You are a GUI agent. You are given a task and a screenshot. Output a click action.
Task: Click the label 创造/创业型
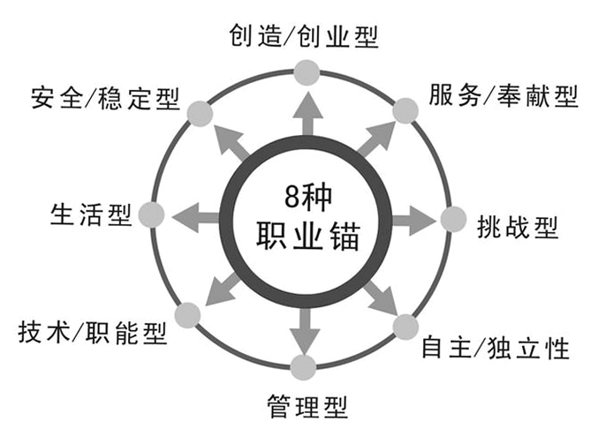[303, 36]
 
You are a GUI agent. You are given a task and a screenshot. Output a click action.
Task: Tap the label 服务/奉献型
[504, 95]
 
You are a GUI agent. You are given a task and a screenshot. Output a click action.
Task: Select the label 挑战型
[518, 227]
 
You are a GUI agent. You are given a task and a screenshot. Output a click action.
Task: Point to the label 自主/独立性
[496, 347]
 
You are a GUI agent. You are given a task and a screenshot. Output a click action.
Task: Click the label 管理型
[307, 406]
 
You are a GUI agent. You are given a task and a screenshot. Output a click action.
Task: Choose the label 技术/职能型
[93, 332]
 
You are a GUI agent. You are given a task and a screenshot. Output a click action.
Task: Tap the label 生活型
[91, 214]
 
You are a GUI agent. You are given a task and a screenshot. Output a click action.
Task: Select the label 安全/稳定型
[105, 98]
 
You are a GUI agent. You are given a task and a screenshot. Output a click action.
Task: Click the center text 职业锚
[308, 236]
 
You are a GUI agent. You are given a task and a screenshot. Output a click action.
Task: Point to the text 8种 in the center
[308, 197]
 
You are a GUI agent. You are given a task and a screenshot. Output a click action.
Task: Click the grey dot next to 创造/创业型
[307, 72]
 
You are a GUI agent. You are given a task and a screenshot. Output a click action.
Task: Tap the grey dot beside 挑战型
[454, 220]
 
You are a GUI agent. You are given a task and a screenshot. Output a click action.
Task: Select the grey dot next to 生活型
[152, 214]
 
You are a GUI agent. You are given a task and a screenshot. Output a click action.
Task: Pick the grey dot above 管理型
[303, 367]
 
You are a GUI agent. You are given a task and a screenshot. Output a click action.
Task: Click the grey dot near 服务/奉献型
[405, 111]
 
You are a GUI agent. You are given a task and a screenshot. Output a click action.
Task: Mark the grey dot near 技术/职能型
[187, 315]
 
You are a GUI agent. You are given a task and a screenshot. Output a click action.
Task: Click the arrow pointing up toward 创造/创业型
[307, 114]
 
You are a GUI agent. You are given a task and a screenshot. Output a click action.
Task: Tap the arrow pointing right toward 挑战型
[414, 221]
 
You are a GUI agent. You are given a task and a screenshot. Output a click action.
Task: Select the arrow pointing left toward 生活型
[196, 217]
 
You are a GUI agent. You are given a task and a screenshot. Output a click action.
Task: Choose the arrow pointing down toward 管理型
[305, 331]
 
